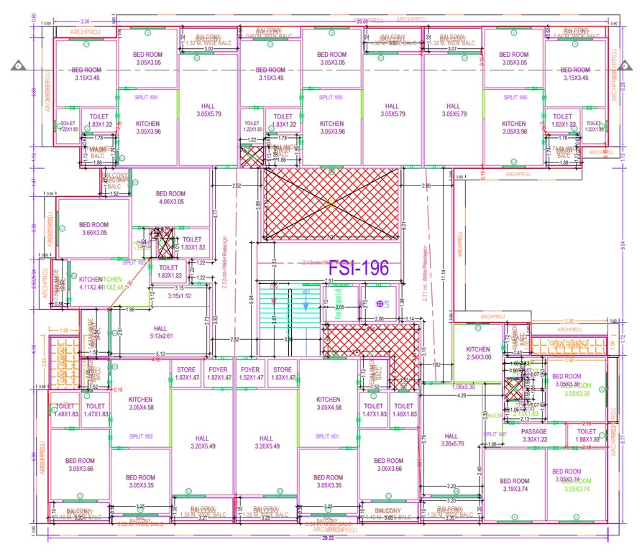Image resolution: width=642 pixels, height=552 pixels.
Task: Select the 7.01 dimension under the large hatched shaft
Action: click(330, 236)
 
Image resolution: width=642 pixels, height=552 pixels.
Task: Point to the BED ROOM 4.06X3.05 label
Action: click(168, 198)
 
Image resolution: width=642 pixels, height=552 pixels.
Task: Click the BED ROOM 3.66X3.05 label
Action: click(93, 229)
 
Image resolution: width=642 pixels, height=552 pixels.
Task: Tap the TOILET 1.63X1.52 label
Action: click(192, 243)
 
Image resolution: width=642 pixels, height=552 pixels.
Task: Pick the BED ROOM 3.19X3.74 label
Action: click(515, 485)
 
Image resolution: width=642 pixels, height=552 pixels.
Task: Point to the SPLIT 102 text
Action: click(140, 436)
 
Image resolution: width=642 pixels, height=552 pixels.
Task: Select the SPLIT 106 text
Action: click(515, 96)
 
